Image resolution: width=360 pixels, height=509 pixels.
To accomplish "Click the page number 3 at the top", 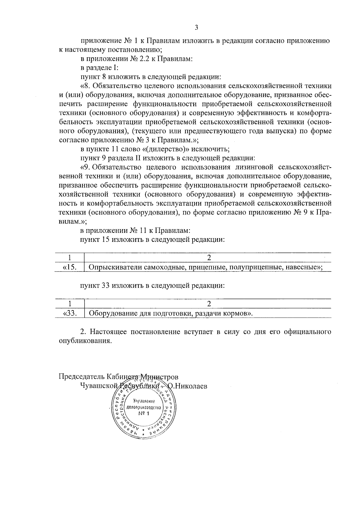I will (196, 28).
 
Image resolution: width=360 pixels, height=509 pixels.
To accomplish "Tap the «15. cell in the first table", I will (70, 267).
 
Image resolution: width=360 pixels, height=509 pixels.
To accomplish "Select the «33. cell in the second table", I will (70, 313).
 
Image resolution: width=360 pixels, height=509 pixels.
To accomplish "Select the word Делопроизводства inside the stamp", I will (144, 408).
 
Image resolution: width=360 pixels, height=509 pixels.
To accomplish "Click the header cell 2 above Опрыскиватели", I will (209, 257).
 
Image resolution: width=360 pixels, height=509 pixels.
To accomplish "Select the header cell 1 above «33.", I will (70, 304).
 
